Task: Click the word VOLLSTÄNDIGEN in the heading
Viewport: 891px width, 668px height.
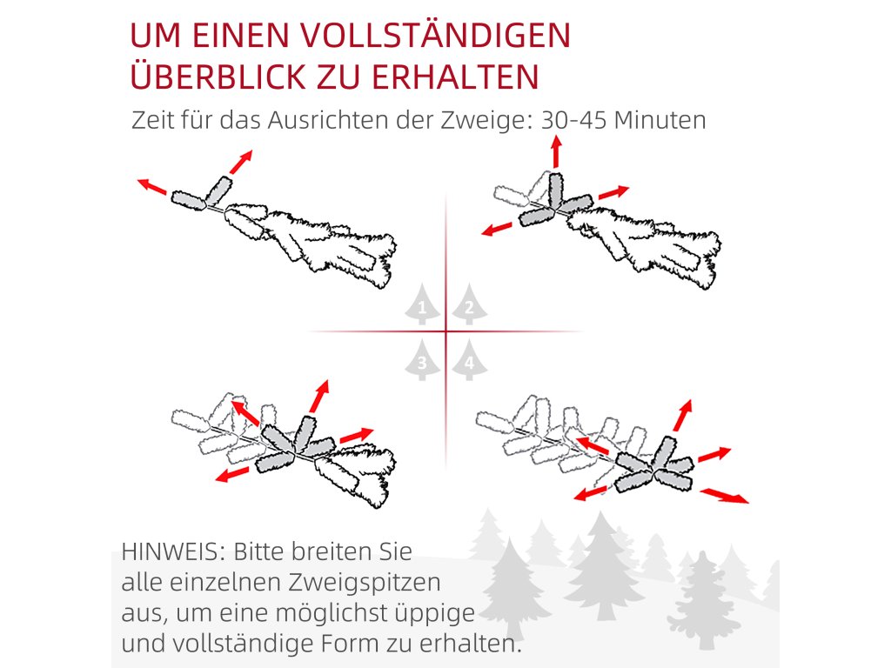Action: pyautogui.click(x=435, y=35)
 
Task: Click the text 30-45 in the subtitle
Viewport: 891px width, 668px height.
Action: pyautogui.click(x=574, y=120)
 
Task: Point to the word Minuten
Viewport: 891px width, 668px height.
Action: pyautogui.click(x=660, y=120)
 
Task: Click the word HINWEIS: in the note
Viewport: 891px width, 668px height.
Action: pyautogui.click(x=174, y=551)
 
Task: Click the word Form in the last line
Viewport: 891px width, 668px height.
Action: pyautogui.click(x=350, y=644)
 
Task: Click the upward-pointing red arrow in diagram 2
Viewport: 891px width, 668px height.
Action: pyautogui.click(x=556, y=151)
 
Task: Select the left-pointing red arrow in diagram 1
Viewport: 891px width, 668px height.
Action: pyautogui.click(x=151, y=186)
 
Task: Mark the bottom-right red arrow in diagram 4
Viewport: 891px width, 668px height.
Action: pyautogui.click(x=725, y=495)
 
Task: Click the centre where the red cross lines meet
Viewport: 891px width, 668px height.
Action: pyautogui.click(x=446, y=331)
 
